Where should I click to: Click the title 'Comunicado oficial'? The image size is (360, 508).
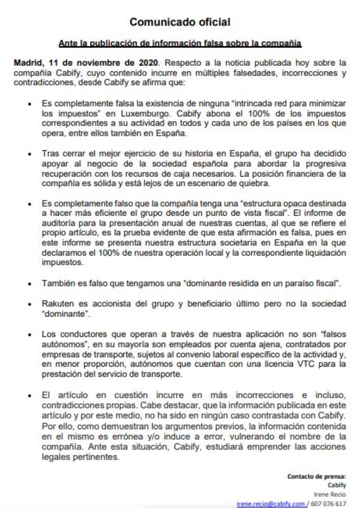pos(180,23)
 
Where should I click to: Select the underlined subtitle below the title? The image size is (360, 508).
pos(180,43)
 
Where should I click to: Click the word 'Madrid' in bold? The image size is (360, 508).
pos(27,63)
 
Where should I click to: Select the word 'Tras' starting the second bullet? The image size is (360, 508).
pos(49,154)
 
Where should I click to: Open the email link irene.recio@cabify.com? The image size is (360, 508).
pos(271,503)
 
